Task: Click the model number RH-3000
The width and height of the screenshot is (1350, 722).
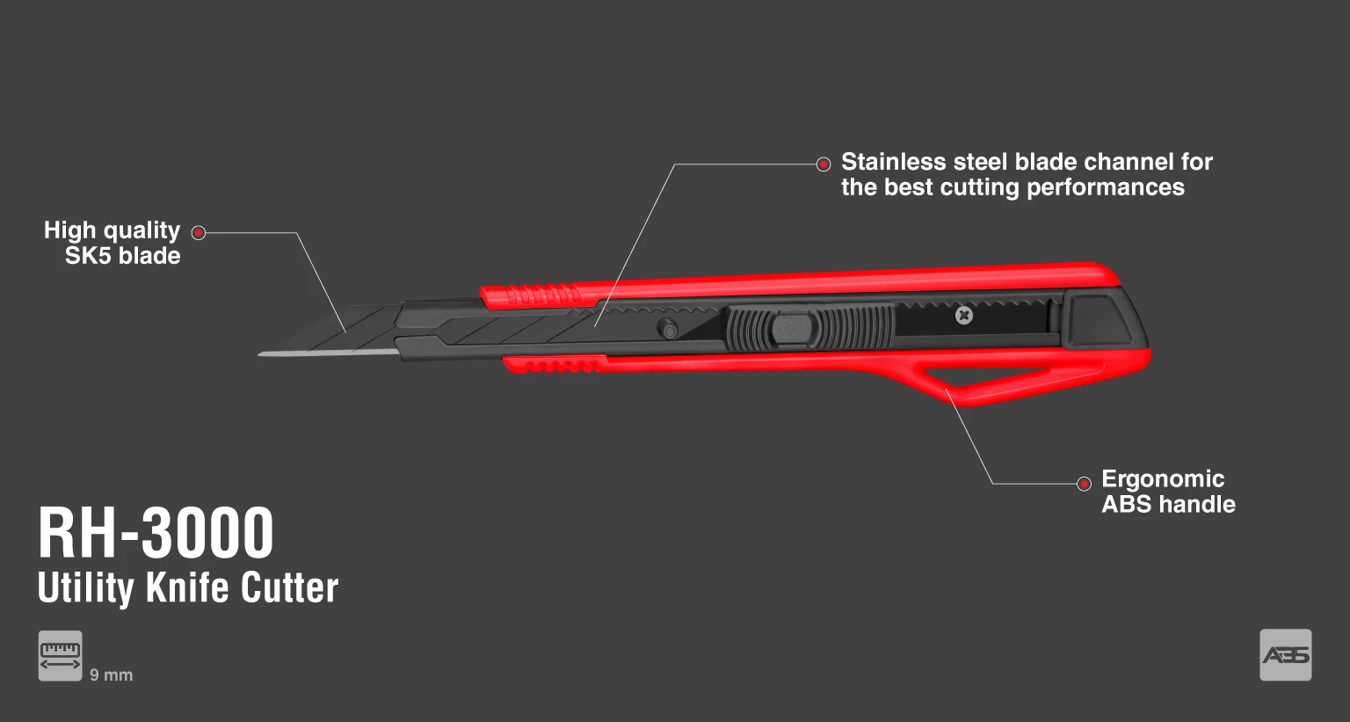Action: (x=156, y=533)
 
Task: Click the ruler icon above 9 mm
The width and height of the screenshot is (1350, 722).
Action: (x=60, y=655)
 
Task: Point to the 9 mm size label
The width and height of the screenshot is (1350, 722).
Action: (x=111, y=675)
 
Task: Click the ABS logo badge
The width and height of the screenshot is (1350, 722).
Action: (x=1285, y=655)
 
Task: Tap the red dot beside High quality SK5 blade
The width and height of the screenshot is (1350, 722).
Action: (x=199, y=233)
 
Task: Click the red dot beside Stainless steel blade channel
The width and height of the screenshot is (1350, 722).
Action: (x=824, y=164)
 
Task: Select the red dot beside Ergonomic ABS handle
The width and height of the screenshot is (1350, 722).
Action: (x=1085, y=484)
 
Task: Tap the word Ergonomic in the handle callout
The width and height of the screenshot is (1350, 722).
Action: (x=1163, y=478)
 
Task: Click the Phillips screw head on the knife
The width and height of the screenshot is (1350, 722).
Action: (x=964, y=315)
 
